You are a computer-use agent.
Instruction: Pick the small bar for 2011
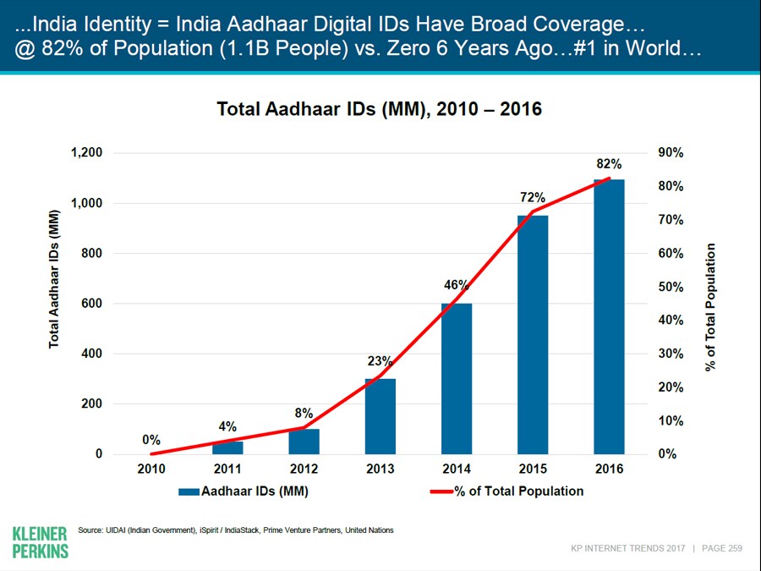(227, 447)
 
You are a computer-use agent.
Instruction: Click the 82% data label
(609, 164)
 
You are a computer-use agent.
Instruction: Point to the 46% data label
(457, 285)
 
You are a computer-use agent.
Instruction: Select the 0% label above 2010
(151, 440)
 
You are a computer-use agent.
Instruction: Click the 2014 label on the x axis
(457, 469)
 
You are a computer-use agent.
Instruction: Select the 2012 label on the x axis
(304, 469)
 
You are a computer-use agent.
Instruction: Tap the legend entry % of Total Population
(507, 491)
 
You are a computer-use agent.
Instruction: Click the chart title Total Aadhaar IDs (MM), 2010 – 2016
(380, 109)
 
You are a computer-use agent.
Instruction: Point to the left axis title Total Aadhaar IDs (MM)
(55, 278)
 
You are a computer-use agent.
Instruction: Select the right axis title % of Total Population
(710, 306)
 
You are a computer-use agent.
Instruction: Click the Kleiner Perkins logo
(40, 542)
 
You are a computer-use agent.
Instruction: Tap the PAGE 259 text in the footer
(722, 548)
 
